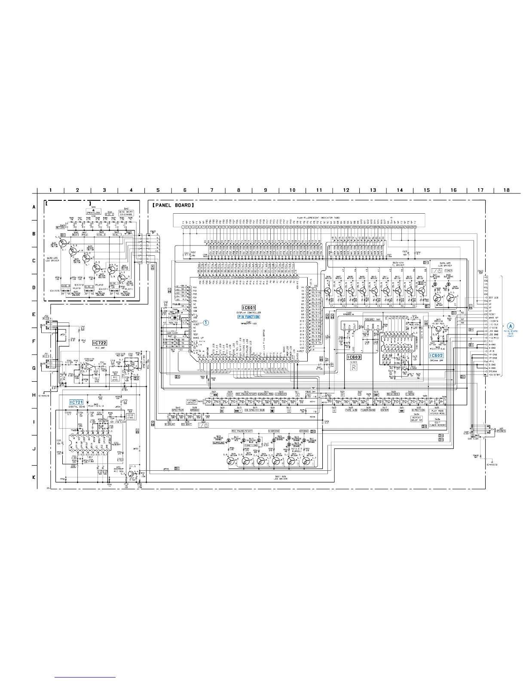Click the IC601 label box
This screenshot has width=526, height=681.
coord(248,307)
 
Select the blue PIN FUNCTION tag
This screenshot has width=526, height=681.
coord(249,317)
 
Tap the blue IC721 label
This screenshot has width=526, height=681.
coord(76,402)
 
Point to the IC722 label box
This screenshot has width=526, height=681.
coord(99,343)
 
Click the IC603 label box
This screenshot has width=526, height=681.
coord(355,357)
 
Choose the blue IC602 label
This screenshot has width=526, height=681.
coord(436,356)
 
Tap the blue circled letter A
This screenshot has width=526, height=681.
coord(510,326)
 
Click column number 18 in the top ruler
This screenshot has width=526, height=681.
coord(507,190)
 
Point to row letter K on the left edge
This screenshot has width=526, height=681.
coord(34,477)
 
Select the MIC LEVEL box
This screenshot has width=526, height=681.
coord(115,378)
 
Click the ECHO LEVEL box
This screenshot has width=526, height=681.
coord(131,416)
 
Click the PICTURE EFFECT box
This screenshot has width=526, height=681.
coord(192,402)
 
